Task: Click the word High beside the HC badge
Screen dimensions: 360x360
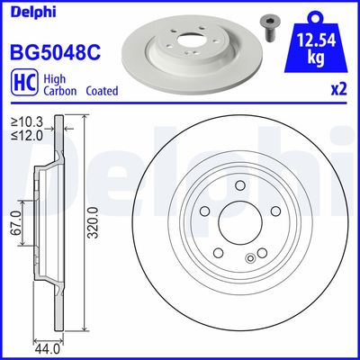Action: [53, 78]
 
